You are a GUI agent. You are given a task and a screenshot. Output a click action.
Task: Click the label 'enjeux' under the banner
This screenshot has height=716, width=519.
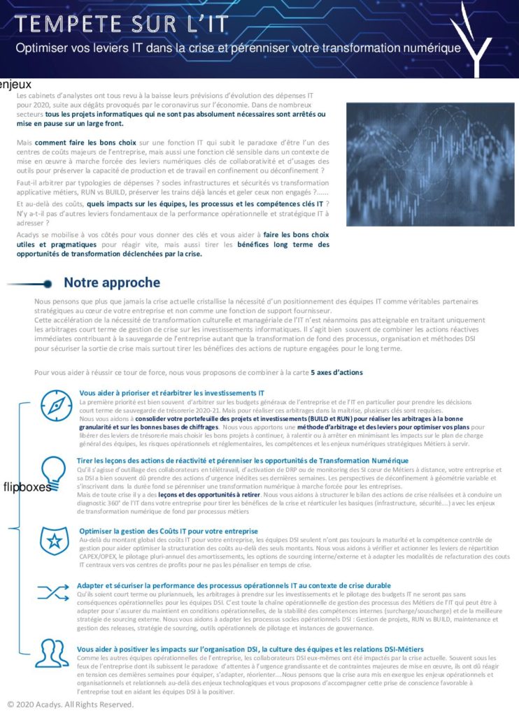coord(15,85)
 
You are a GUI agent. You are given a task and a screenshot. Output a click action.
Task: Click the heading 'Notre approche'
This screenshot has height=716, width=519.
coord(112,282)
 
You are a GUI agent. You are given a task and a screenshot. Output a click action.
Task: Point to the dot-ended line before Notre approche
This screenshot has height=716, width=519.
coord(31,283)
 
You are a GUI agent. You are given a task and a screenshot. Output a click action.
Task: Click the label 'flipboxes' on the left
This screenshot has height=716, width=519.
coord(27,487)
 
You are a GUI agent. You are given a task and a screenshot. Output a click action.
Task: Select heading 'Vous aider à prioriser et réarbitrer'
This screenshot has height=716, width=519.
coord(171,393)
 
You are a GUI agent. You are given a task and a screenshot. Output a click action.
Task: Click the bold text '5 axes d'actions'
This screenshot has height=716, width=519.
coord(336,373)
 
